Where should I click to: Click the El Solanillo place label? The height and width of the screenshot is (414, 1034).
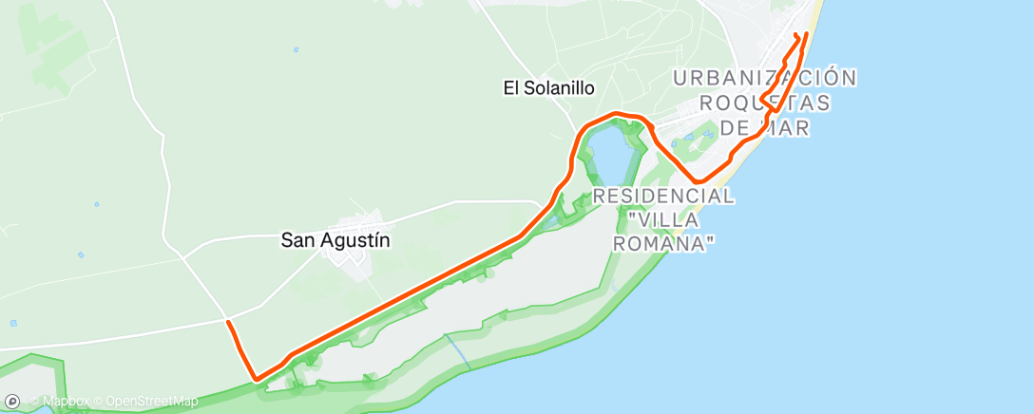coord(548,87)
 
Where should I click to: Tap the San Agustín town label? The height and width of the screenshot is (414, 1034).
coord(335,240)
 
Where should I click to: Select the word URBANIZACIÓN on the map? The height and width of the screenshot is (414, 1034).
coord(765,78)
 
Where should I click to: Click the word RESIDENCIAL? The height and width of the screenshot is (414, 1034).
coord(663,197)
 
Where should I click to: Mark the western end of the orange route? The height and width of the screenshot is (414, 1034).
coord(228,323)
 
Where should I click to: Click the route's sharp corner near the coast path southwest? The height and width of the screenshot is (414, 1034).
coord(256,380)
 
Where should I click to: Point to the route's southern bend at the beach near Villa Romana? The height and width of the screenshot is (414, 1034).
coord(699,181)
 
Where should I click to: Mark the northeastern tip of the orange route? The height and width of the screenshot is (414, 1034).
coord(806,34)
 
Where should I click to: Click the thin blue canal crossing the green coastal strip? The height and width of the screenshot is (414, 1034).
coord(457,350)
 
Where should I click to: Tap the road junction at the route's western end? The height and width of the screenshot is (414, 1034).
coord(225,319)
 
